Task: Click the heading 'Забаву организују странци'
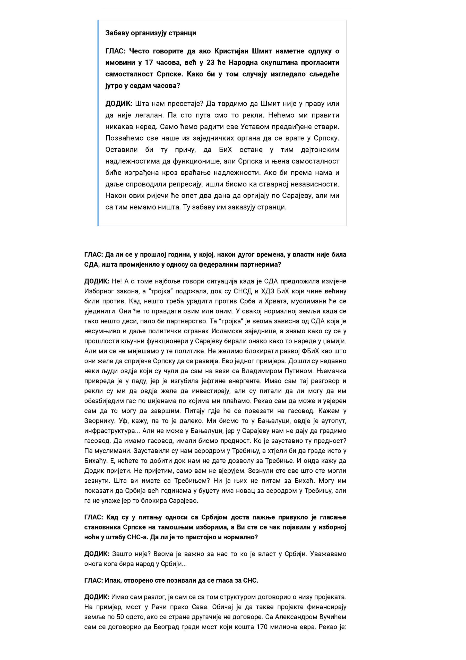151,33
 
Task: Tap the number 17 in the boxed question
149,63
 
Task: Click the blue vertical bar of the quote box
98,123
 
